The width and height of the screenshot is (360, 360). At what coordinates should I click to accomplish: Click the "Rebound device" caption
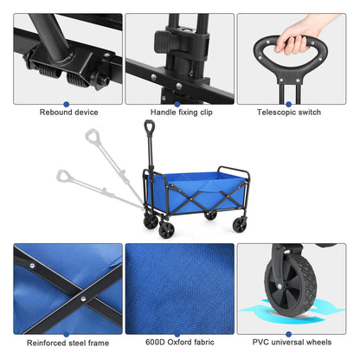point(67,112)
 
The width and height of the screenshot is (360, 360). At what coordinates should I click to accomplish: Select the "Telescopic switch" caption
point(292,112)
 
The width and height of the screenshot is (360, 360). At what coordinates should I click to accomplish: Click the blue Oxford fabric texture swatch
point(179,290)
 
